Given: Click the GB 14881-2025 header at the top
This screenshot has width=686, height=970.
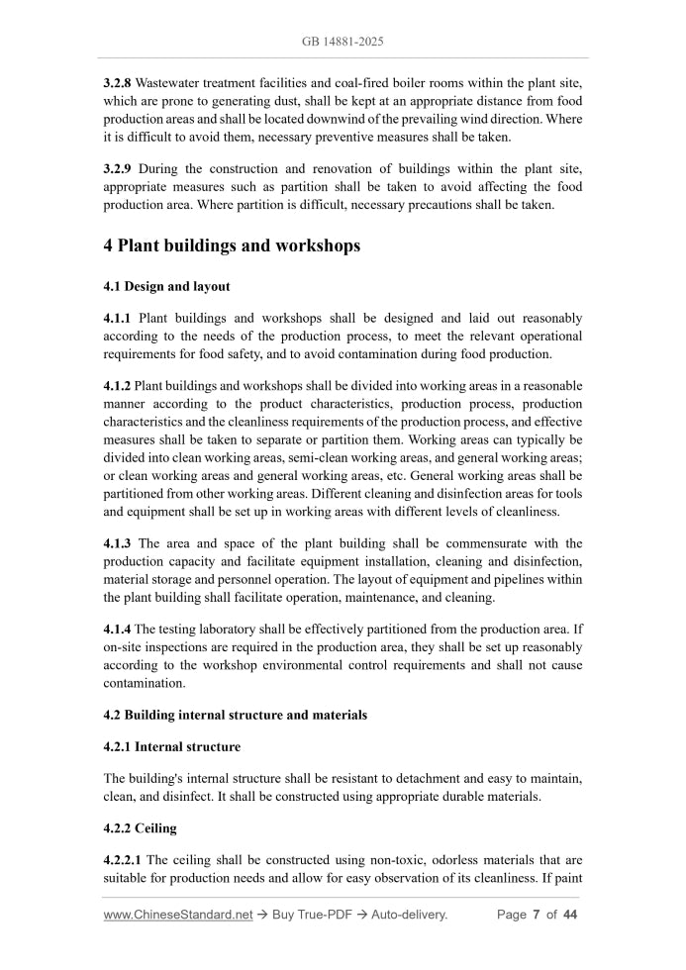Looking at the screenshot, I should pos(343,42).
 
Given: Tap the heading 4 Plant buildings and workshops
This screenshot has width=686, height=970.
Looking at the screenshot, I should pos(232,246).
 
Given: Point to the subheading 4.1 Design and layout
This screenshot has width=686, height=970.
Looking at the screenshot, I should pos(166,287).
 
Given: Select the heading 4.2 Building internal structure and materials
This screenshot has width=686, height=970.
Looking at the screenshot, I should pos(235,715).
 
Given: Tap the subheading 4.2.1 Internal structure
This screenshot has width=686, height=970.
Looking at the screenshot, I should pos(171,746).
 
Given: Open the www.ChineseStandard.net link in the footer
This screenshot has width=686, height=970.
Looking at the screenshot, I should pos(178,915).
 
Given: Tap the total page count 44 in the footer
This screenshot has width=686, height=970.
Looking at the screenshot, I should pos(569,915).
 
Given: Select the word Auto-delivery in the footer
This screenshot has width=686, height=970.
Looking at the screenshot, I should pos(409,915).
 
